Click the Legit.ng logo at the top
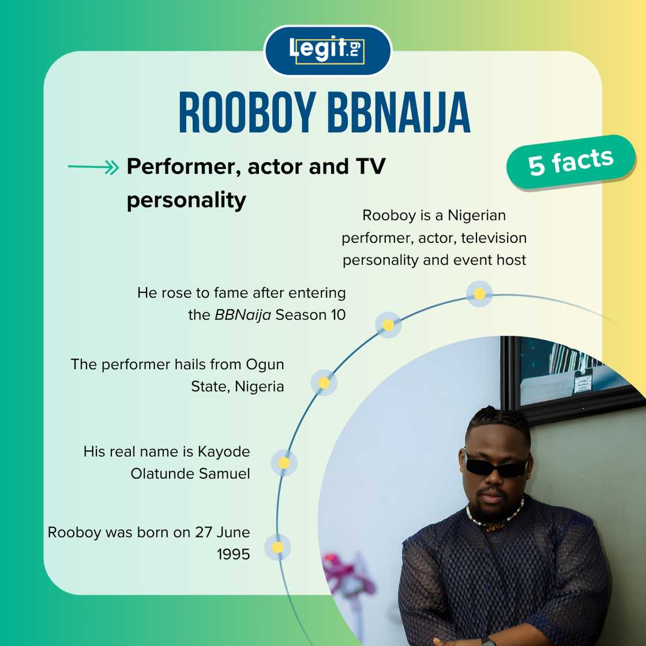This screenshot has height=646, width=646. point(327,51)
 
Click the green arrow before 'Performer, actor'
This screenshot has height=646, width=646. point(93,168)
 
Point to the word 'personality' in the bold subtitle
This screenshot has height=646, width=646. point(186,200)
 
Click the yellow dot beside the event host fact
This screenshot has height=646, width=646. point(479,294)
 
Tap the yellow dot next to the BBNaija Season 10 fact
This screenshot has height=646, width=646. point(388,325)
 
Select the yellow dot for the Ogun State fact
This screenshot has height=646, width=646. point(324,383)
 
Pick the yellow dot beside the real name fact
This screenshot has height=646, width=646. point(284,463)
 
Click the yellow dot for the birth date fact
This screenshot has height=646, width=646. point(277,547)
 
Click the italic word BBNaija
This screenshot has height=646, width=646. point(242,315)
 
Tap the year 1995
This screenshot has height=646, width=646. point(234,554)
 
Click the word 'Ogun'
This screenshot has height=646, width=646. point(265,365)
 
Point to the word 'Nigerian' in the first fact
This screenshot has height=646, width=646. point(477,215)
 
